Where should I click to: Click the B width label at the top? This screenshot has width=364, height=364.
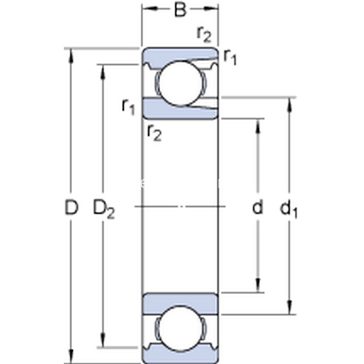pyautogui.click(x=180, y=10)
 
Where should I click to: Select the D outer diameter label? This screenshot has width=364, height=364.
pyautogui.click(x=71, y=207)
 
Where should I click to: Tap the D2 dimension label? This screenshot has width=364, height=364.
pyautogui.click(x=104, y=209)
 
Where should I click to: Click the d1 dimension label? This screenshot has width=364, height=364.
pyautogui.click(x=289, y=209)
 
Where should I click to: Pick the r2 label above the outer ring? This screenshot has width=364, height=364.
pyautogui.click(x=204, y=34)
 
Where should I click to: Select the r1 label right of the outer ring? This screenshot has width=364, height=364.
pyautogui.click(x=230, y=57)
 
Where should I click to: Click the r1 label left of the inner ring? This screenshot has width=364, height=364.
pyautogui.click(x=129, y=107)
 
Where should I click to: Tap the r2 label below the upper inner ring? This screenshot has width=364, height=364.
pyautogui.click(x=154, y=133)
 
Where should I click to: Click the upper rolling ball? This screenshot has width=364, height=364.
pyautogui.click(x=180, y=84)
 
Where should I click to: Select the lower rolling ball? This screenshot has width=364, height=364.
pyautogui.click(x=180, y=329)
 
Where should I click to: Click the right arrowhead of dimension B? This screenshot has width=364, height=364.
pyautogui.click(x=211, y=9)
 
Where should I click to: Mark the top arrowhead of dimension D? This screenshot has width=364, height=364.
pyautogui.click(x=71, y=56)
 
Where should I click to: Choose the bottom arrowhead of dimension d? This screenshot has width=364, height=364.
pyautogui.click(x=258, y=285)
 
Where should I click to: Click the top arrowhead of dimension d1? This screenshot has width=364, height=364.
pyautogui.click(x=289, y=106)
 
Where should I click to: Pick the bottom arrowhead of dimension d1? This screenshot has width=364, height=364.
pyautogui.click(x=289, y=306)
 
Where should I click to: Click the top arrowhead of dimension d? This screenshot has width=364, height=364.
pyautogui.click(x=258, y=127)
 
